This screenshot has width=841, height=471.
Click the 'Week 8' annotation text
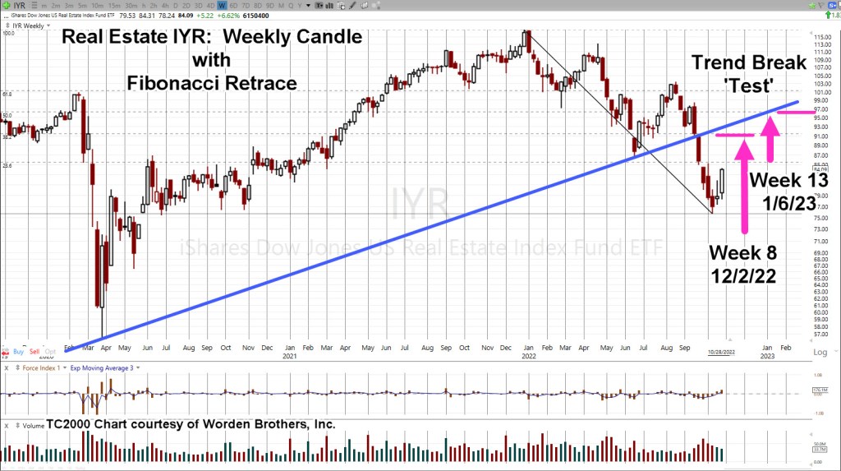coord(739,251)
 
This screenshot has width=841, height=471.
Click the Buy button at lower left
coord(19,351)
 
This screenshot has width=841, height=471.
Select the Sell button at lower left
coord(35,351)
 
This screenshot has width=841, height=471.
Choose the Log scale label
coord(820,351)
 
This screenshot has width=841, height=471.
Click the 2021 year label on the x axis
coord(288,357)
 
